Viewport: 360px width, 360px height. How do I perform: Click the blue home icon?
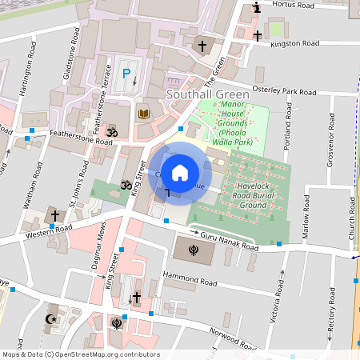(x=180, y=171)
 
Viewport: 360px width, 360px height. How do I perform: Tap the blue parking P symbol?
(x=126, y=74)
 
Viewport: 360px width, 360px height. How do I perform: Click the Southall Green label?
(x=207, y=94)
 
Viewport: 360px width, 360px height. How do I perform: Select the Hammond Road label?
(x=190, y=279)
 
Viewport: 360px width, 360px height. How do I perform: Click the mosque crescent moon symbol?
(x=49, y=318)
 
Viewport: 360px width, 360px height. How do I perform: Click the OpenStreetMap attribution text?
(x=80, y=354)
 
